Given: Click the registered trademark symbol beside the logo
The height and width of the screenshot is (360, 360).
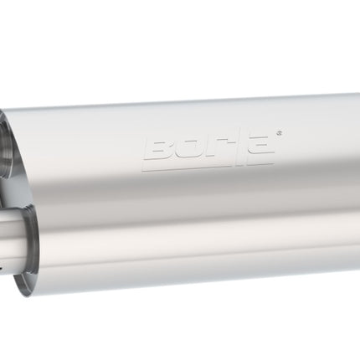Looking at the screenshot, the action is pyautogui.click(x=280, y=134).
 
